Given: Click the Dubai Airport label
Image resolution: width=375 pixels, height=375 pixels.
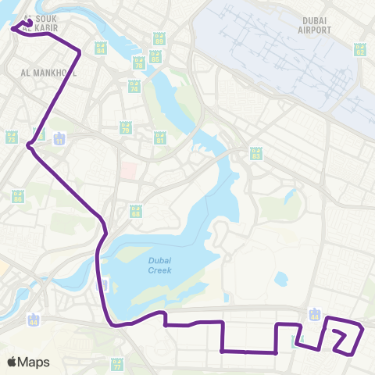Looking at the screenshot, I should click(x=315, y=24).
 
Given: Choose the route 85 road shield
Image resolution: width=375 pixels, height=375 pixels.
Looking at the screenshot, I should click(x=155, y=57).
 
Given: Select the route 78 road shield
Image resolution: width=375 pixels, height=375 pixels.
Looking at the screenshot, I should click(x=138, y=64).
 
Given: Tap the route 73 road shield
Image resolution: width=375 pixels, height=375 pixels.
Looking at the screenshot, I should click(x=12, y=137).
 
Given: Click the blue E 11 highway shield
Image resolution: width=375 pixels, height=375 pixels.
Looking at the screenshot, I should click(x=60, y=138).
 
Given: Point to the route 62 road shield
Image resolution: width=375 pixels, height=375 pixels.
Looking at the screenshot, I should click(x=360, y=49).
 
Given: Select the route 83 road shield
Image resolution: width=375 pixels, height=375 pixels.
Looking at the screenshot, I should click(x=255, y=152).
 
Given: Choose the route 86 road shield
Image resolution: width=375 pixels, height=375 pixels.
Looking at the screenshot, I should click(x=17, y=196).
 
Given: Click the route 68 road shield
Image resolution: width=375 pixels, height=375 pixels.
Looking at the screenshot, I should click(x=135, y=212).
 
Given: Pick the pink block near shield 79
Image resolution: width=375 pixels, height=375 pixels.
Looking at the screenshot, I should click(x=128, y=170).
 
